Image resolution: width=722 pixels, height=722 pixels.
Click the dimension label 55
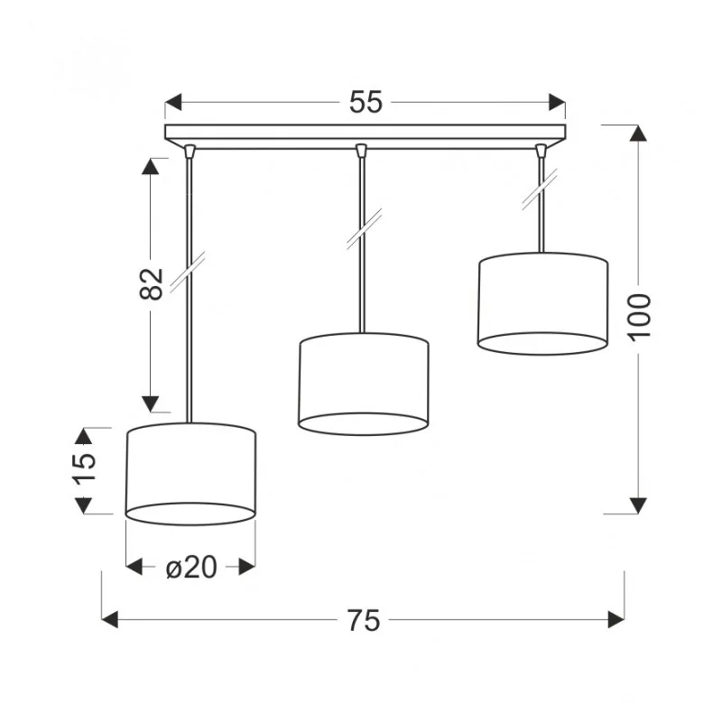pyautogui.click(x=366, y=102)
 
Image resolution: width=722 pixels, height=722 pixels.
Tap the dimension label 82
pyautogui.click(x=152, y=283)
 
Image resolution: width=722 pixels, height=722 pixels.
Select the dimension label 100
pyautogui.click(x=639, y=317)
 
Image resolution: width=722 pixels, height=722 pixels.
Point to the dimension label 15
pyautogui.click(x=84, y=467)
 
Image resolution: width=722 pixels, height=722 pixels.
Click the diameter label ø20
pyautogui.click(x=191, y=567)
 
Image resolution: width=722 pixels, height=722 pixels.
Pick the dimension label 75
pyautogui.click(x=364, y=620)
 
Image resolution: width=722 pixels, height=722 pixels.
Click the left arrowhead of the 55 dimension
pyautogui.click(x=173, y=102)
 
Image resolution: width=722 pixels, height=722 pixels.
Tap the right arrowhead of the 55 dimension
pyautogui.click(x=557, y=102)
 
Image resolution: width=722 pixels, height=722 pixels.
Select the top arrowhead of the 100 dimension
pyautogui.click(x=638, y=133)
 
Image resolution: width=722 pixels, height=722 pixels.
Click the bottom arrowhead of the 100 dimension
pyautogui.click(x=638, y=505)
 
